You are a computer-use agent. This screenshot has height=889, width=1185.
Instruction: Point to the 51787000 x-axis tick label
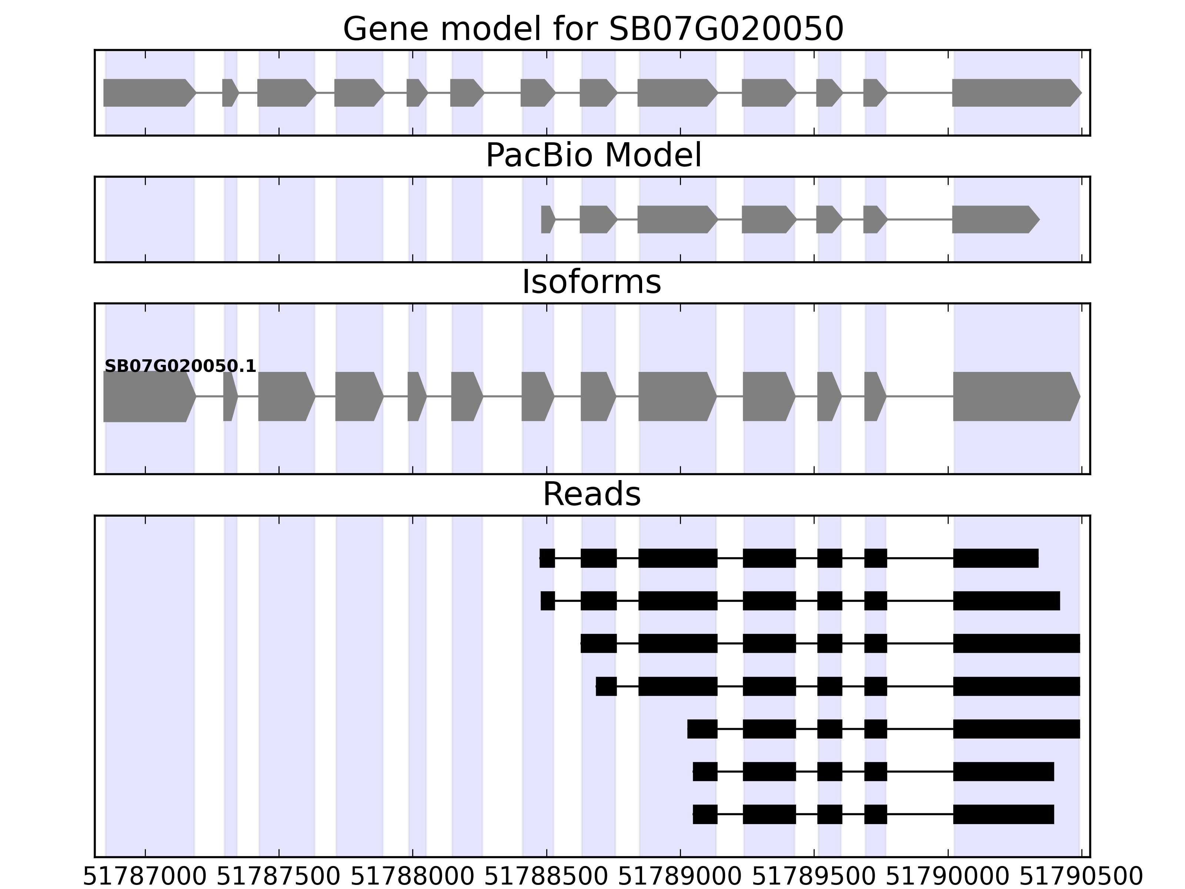pyautogui.click(x=145, y=877)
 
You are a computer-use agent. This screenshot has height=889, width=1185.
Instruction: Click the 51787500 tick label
pyautogui.click(x=278, y=877)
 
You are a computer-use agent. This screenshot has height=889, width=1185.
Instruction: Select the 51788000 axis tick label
pyautogui.click(x=413, y=877)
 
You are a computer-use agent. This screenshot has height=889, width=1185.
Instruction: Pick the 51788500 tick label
pyautogui.click(x=547, y=877)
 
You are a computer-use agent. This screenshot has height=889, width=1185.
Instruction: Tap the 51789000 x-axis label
pyautogui.click(x=680, y=877)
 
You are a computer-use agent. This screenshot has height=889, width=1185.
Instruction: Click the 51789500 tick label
pyautogui.click(x=814, y=877)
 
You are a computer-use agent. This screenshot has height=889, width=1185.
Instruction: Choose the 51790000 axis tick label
pyautogui.click(x=948, y=877)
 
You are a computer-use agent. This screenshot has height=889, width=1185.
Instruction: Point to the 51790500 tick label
pyautogui.click(x=1081, y=877)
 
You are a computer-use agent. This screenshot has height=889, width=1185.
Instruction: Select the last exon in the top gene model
pyautogui.click(x=1015, y=93)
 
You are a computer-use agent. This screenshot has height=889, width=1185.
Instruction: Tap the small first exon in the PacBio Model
pyautogui.click(x=547, y=219)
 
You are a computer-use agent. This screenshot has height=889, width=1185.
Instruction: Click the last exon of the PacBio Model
pyautogui.click(x=994, y=219)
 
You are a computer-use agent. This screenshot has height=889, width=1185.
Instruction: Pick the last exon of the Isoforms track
pyautogui.click(x=1015, y=397)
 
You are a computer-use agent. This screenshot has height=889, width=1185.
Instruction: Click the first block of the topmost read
pyautogui.click(x=547, y=558)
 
